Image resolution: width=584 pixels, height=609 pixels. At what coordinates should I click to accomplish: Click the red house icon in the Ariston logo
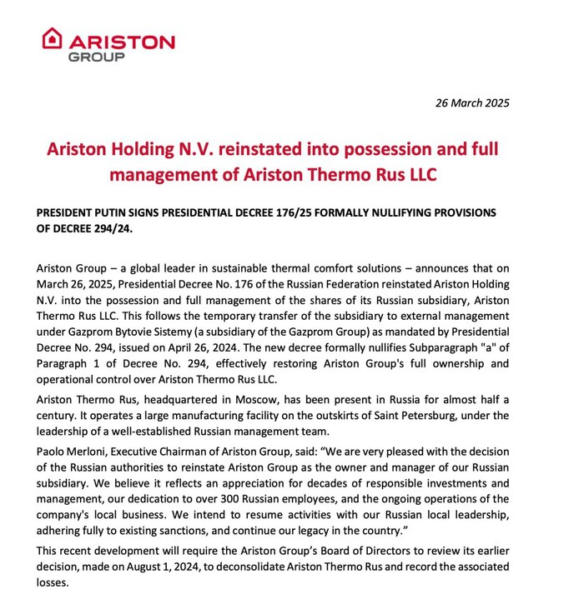point(53,37)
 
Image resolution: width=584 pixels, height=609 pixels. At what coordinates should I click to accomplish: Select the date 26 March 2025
point(472,103)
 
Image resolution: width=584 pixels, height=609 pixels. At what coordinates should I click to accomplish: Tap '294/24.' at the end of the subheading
point(110,229)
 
